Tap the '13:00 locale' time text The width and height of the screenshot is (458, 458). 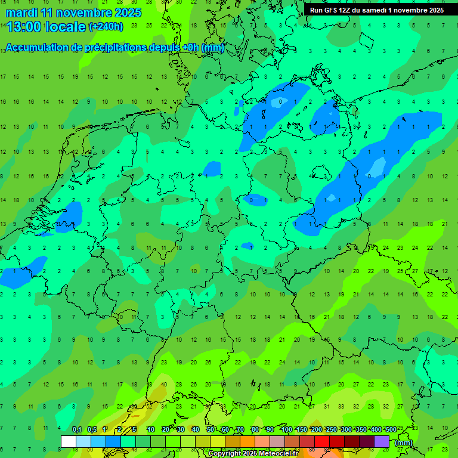pos(46,27)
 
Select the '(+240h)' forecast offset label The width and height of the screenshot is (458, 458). pos(106,27)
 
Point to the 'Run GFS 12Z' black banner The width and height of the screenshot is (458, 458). pos(377,10)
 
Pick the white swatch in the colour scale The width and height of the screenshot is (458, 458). pos(69,441)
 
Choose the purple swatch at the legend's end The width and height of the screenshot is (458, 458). pos(382,441)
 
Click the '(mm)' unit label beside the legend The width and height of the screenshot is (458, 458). pos(404,442)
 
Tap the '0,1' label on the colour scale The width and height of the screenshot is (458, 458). pos(77,430)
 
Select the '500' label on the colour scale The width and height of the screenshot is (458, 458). pos(391,430)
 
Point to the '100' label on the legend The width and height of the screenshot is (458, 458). pos(286,430)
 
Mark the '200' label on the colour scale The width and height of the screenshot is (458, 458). pos(316,430)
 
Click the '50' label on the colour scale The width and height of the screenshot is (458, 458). pos(211,430)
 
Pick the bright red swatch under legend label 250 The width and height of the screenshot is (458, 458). pos(322,441)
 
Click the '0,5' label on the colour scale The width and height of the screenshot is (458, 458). pos(92,430)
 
